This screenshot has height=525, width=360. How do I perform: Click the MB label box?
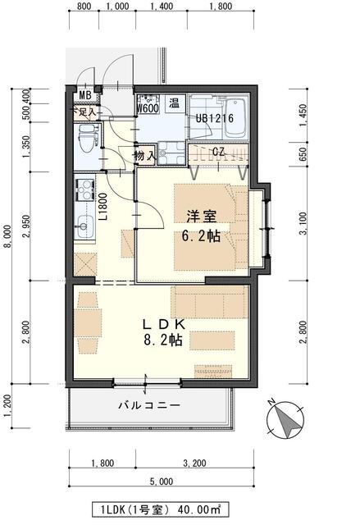[x=85, y=94]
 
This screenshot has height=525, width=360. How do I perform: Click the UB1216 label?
[x=215, y=118]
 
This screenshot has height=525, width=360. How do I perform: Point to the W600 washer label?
[x=148, y=107]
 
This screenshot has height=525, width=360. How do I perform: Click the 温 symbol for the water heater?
[x=175, y=103]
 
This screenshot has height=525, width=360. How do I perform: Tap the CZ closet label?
[x=218, y=151]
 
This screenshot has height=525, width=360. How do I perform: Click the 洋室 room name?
[x=200, y=217]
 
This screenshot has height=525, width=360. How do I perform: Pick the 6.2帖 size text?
[x=200, y=235]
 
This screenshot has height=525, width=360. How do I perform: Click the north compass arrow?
[x=284, y=421]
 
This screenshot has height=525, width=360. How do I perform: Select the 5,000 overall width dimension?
[x=161, y=481]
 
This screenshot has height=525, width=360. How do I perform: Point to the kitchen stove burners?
[x=84, y=192]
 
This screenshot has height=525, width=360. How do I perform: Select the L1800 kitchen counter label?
[x=104, y=208]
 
